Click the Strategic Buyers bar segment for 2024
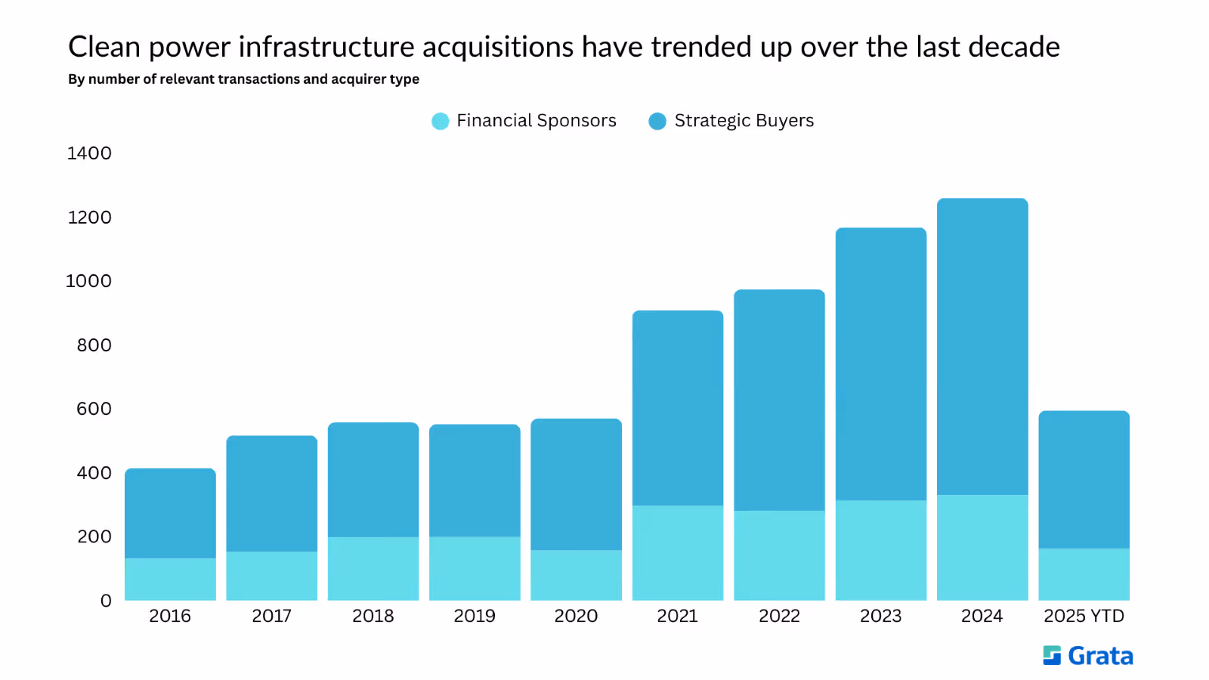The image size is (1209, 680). tap(982, 347)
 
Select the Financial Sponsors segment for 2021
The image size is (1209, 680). tap(678, 552)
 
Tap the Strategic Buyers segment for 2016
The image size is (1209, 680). tap(171, 513)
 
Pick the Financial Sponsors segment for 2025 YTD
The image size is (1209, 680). tap(1084, 574)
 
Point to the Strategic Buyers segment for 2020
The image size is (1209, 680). tap(577, 484)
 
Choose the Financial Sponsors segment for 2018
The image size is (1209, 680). tap(373, 568)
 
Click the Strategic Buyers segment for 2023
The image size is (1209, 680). tap(881, 363)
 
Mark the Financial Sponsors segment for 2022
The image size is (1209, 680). tap(779, 555)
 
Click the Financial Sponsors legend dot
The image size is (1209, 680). tap(441, 121)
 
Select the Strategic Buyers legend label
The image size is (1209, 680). tap(744, 120)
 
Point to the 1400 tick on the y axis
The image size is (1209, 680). tap(89, 153)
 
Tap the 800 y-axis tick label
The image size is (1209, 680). tap(94, 345)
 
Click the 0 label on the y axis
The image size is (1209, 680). tap(106, 600)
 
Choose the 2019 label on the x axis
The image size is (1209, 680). tap(475, 616)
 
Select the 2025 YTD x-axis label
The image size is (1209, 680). tap(1084, 616)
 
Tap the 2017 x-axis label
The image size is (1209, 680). tap(271, 616)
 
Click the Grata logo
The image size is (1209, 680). tap(1088, 656)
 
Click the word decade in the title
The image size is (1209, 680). tap(1014, 46)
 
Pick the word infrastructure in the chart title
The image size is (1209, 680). tap(326, 46)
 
